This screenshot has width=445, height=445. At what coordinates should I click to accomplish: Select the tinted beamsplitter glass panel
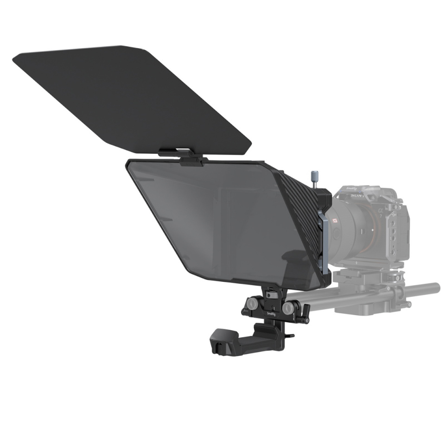pyautogui.click(x=213, y=218)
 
